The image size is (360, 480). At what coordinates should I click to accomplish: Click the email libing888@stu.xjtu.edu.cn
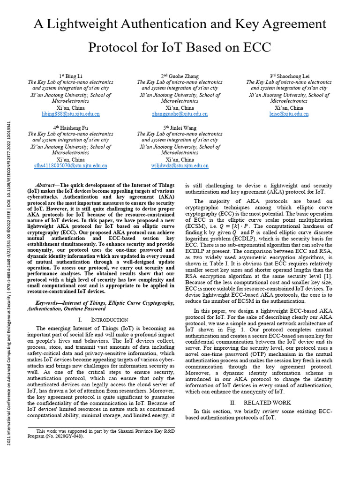click(x=71, y=114)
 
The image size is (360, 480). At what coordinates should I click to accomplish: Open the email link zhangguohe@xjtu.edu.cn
click(x=180, y=114)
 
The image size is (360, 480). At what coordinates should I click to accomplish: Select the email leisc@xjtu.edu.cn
click(x=289, y=114)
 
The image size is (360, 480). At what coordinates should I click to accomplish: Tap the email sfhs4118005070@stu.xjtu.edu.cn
click(x=71, y=165)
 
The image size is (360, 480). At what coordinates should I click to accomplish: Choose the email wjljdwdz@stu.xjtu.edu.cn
click(x=180, y=165)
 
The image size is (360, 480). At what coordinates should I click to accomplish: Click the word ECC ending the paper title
click(x=255, y=48)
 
